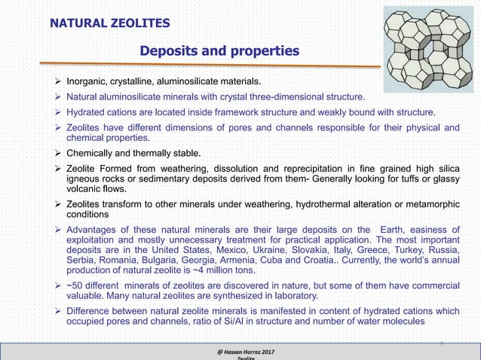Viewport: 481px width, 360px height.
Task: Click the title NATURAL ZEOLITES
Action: (x=109, y=23)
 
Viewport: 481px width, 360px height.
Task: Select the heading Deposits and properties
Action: (x=219, y=51)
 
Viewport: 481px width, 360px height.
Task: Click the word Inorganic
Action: (x=90, y=81)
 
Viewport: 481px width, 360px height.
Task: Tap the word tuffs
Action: (x=410, y=179)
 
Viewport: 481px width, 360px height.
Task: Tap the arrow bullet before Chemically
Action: (x=57, y=154)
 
